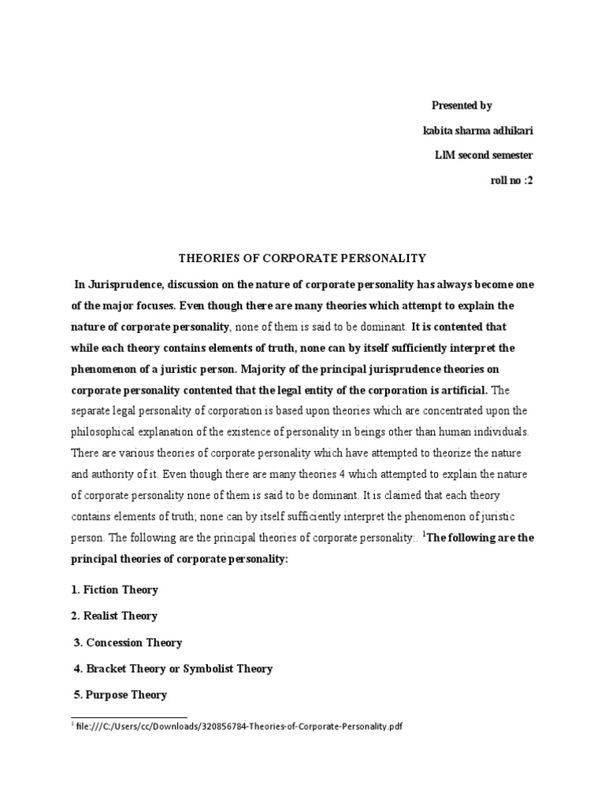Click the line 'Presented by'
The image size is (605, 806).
click(462, 105)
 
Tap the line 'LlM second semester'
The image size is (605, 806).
click(484, 155)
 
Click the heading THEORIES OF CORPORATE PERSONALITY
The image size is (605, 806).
click(302, 257)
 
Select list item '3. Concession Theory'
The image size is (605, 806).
click(128, 642)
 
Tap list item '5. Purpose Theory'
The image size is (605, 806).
click(121, 695)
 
